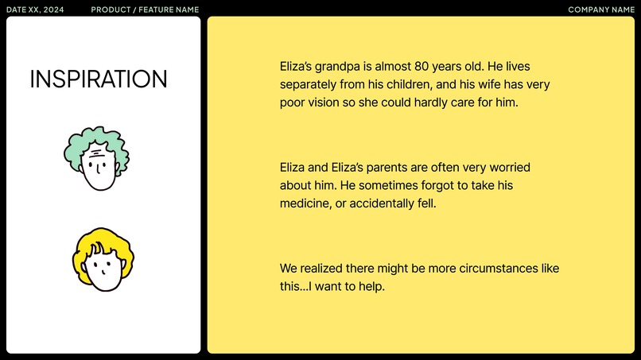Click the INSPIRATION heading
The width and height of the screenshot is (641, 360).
[99, 79]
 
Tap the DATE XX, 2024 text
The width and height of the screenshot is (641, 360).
[35, 10]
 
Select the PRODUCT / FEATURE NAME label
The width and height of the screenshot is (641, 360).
[145, 10]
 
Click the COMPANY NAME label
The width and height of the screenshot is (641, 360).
[600, 10]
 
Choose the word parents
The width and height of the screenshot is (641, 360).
[387, 168]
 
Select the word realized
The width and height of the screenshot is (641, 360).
[325, 268]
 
